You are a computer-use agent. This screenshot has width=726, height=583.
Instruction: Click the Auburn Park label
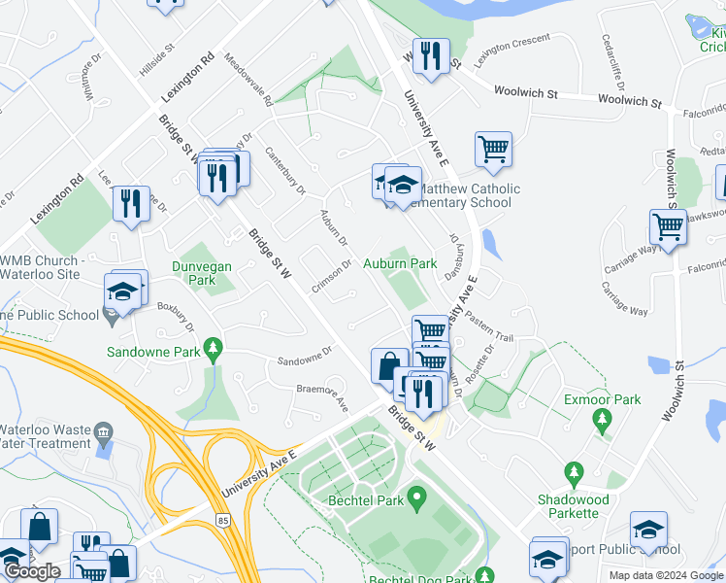[x=400, y=263]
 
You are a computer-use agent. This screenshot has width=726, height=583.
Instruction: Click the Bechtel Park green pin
[x=417, y=501]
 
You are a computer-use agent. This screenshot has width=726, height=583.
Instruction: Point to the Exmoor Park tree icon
[x=603, y=420]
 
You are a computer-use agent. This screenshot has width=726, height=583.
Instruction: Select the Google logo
[x=32, y=571]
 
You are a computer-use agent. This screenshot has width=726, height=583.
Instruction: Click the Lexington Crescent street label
[x=511, y=51]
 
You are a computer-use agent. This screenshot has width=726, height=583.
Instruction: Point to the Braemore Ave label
[x=321, y=395]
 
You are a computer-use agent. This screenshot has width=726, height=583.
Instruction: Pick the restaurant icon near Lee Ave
[x=130, y=203]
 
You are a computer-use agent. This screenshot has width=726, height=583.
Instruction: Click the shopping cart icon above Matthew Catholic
[x=493, y=150]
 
